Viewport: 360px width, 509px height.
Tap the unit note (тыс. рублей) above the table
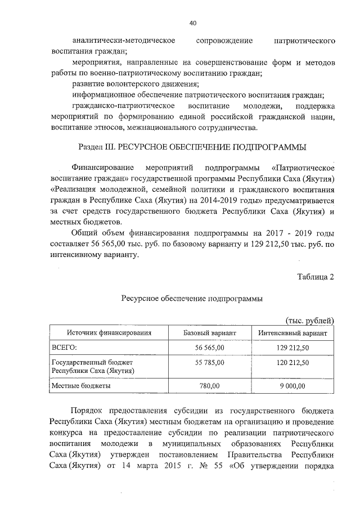point(309,320)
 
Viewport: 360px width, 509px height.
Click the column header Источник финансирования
point(110,333)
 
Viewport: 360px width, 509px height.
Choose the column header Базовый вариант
point(209,333)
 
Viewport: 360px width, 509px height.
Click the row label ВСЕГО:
point(65,349)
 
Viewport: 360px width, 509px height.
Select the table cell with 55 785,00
point(209,363)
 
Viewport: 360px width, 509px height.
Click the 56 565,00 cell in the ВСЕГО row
point(209,349)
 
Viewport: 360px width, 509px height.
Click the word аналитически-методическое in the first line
point(124,41)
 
